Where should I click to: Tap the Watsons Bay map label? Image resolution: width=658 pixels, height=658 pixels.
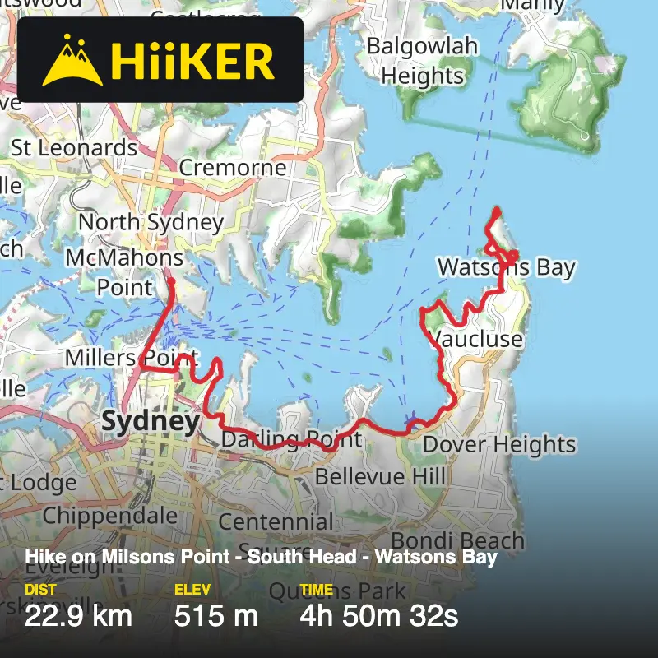click(x=506, y=267)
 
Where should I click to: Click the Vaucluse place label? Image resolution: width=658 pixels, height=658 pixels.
click(x=477, y=340)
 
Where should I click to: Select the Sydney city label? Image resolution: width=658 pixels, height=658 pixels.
click(x=151, y=422)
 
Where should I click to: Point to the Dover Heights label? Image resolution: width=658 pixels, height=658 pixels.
click(x=499, y=445)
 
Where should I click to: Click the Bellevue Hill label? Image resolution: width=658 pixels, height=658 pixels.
click(x=380, y=476)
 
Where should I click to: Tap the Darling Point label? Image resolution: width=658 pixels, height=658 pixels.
click(x=291, y=439)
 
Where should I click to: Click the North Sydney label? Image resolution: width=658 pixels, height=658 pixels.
click(x=151, y=222)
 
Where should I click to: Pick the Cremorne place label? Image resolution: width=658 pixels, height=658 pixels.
click(x=233, y=168)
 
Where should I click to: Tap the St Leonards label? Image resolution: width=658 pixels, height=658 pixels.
click(x=74, y=148)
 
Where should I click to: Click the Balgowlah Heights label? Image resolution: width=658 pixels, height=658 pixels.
click(x=422, y=61)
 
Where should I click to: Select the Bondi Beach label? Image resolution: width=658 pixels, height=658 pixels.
click(x=457, y=540)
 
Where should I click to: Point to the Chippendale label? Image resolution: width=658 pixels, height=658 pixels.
click(x=109, y=516)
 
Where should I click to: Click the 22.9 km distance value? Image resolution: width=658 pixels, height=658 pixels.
click(x=78, y=615)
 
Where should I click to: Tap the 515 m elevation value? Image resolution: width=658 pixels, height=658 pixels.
click(x=215, y=615)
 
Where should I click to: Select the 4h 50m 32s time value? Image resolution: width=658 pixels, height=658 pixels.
click(x=378, y=615)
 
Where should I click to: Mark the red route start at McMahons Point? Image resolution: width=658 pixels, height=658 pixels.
click(x=172, y=282)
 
